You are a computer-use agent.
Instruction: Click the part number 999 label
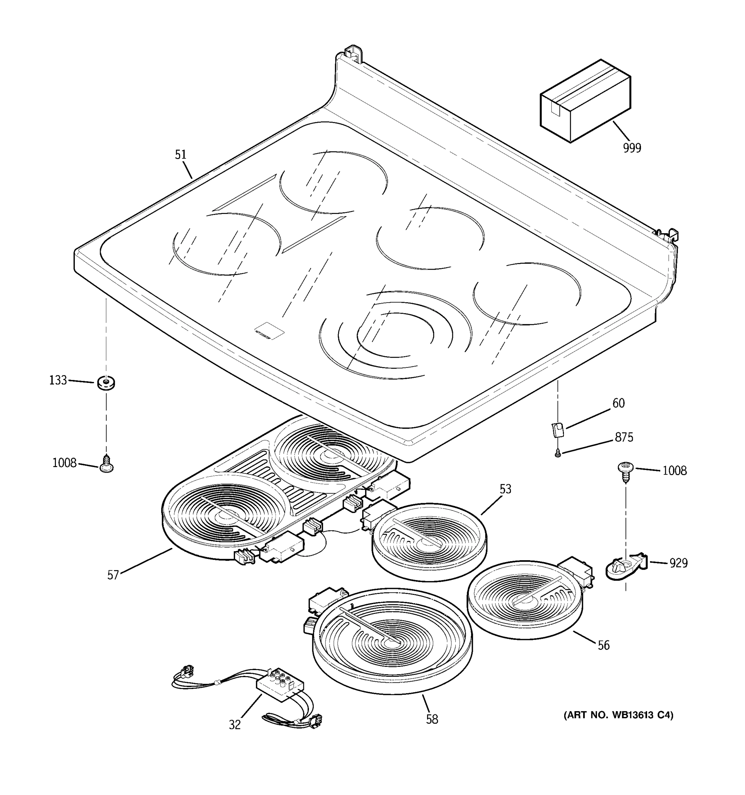click(631, 148)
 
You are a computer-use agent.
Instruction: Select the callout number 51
click(181, 155)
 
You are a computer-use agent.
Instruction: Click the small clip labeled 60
click(558, 430)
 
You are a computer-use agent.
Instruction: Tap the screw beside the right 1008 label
click(625, 469)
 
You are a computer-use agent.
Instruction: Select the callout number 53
click(505, 489)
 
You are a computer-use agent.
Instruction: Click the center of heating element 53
click(429, 542)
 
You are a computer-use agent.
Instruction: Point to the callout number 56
click(604, 645)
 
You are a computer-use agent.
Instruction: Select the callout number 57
click(113, 575)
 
